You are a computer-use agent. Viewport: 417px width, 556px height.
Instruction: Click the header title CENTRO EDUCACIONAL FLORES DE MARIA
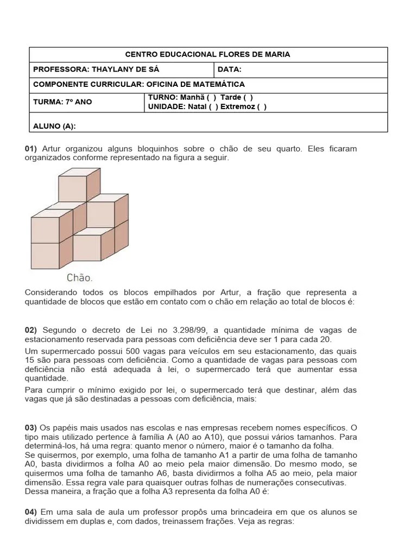pyautogui.click(x=208, y=54)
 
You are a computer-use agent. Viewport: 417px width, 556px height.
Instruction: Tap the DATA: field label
pyautogui.click(x=229, y=69)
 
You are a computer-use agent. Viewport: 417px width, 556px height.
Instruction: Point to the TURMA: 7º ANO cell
pyautogui.click(x=62, y=102)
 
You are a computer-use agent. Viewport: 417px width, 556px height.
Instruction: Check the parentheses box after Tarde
pyautogui.click(x=249, y=97)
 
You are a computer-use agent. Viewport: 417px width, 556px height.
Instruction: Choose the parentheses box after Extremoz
pyautogui.click(x=262, y=106)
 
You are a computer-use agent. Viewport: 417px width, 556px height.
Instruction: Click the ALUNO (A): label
pyautogui.click(x=54, y=127)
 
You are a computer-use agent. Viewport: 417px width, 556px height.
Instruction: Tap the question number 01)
pyautogui.click(x=31, y=148)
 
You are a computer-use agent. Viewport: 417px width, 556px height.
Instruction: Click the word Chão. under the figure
pyautogui.click(x=79, y=277)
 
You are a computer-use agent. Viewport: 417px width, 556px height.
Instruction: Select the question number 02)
pyautogui.click(x=31, y=330)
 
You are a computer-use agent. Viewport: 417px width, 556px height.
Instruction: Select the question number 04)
pyautogui.click(x=31, y=512)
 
